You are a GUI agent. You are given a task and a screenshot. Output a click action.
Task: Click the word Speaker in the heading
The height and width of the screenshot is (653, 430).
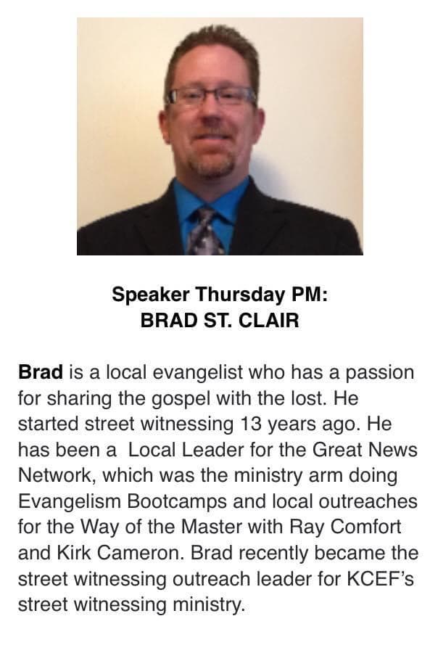point(150,295)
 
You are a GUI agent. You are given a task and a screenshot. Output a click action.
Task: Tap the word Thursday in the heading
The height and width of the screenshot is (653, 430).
point(240,295)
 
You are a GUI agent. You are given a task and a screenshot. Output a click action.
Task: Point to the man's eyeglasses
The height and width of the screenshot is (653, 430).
point(210,96)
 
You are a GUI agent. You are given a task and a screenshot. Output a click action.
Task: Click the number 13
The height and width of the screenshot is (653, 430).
point(251,424)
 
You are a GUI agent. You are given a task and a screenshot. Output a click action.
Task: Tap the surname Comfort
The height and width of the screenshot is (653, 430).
point(365,527)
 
